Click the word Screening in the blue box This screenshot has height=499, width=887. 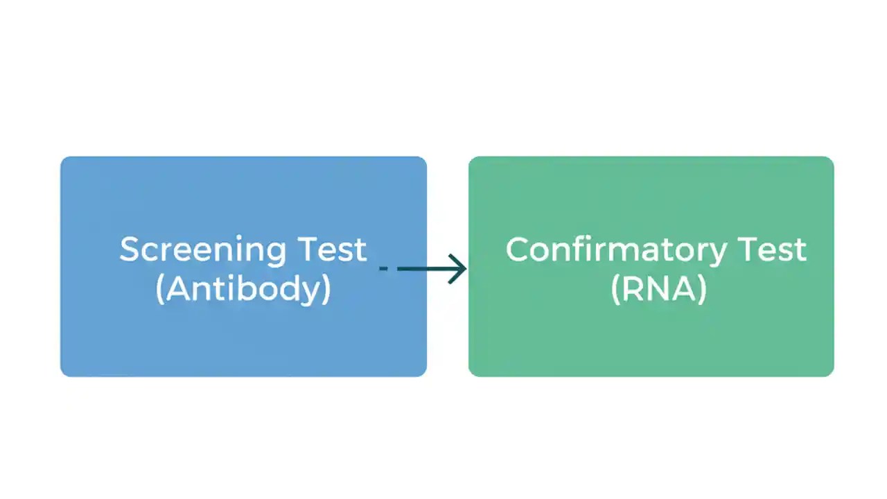pos(203,249)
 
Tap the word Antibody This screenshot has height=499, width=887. pos(243,288)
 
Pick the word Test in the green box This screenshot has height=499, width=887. pos(771,249)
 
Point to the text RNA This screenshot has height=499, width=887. pos(659,288)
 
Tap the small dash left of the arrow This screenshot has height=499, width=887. pos(383,269)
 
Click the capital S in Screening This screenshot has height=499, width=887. pos(130,249)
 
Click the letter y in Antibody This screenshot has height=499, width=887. pos(312,291)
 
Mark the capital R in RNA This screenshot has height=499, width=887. pos(633,288)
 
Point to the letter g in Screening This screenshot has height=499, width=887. pos(276,253)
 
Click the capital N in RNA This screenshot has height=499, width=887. pos(659,288)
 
